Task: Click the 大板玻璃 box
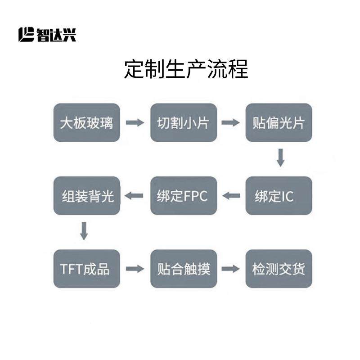tap(87, 122)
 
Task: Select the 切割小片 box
tap(184, 122)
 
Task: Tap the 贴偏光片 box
tap(279, 122)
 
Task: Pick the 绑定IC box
tap(279, 196)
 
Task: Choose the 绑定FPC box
tap(184, 196)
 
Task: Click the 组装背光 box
tap(87, 196)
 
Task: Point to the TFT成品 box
tap(87, 269)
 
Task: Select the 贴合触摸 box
tap(184, 269)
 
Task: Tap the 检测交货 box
tap(279, 269)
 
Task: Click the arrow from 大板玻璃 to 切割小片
tap(135, 122)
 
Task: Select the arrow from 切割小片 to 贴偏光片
tap(231, 122)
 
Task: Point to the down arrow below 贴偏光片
tap(280, 158)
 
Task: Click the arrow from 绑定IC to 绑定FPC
tap(232, 196)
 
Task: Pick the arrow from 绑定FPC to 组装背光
tap(134, 196)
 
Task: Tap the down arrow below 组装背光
tap(84, 231)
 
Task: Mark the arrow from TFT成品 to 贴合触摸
tap(135, 269)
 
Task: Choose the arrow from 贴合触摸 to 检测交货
tap(231, 269)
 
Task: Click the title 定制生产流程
tap(186, 70)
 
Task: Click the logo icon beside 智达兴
tap(27, 35)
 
